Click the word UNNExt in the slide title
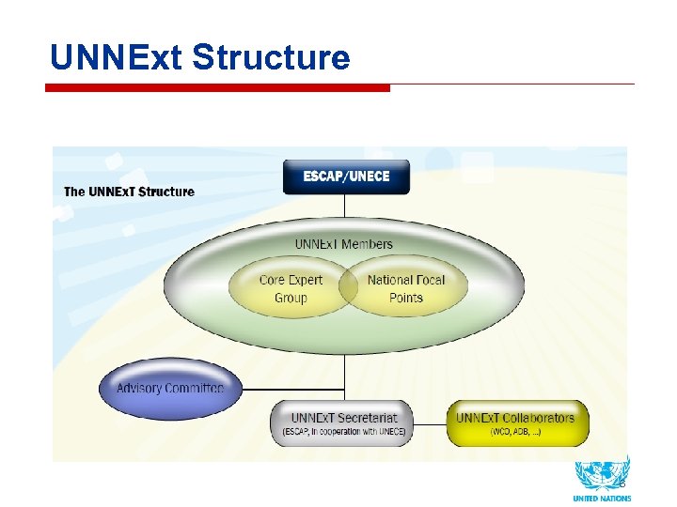click(117, 58)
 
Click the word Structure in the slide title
click(271, 58)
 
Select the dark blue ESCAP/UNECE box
click(346, 177)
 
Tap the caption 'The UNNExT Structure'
click(129, 192)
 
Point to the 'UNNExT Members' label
click(343, 244)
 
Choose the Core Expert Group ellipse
click(291, 288)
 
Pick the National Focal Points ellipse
click(405, 288)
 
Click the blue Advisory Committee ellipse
click(169, 388)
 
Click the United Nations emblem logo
click(602, 473)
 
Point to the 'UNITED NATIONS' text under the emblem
click(602, 499)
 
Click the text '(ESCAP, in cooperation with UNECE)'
click(343, 432)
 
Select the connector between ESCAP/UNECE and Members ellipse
click(346, 206)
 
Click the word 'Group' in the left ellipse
click(291, 298)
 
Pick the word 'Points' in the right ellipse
click(405, 298)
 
